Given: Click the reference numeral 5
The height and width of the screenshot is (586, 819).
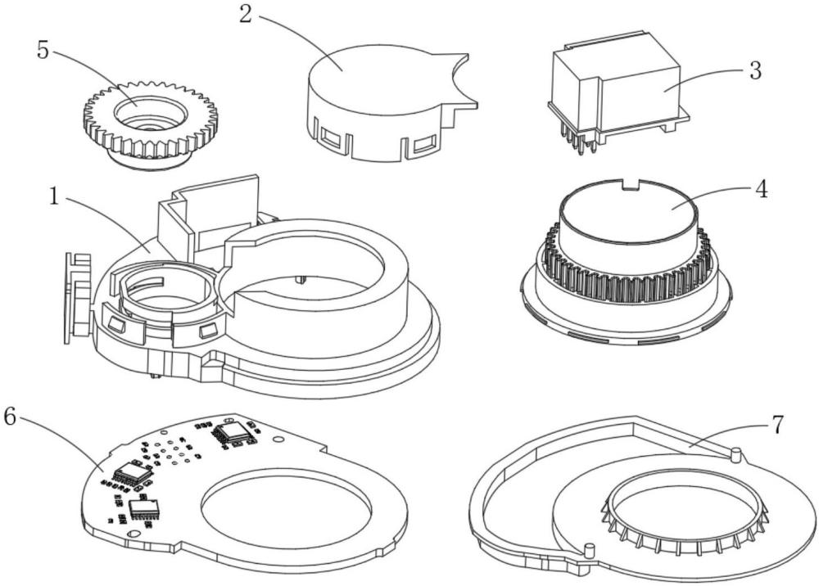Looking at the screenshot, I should pos(43,49).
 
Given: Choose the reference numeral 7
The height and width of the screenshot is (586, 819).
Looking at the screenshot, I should pos(776,424).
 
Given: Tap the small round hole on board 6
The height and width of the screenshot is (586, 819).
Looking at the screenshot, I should pos(281,439).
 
